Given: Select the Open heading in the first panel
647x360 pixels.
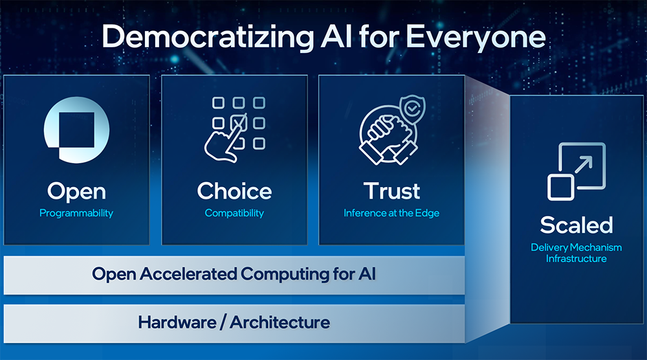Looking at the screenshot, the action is [76, 192].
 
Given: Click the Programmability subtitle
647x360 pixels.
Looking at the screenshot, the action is [76, 214].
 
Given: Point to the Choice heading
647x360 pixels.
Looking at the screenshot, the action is [234, 191].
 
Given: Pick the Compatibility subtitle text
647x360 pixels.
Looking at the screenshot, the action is [234, 214].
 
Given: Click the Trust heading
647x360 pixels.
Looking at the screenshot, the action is [391, 191].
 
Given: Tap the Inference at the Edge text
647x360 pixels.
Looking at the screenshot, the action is [391, 213].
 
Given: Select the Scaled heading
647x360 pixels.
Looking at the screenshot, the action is [576, 225].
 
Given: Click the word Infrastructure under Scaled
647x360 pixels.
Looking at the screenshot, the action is [576, 259].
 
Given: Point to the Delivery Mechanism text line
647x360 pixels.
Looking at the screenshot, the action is [576, 247].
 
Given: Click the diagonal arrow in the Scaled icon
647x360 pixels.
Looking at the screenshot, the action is [584, 164].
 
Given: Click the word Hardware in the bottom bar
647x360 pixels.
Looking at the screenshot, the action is [177, 322].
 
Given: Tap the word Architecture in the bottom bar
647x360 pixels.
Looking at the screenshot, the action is [280, 322].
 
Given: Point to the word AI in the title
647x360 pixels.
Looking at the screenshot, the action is [336, 37].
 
